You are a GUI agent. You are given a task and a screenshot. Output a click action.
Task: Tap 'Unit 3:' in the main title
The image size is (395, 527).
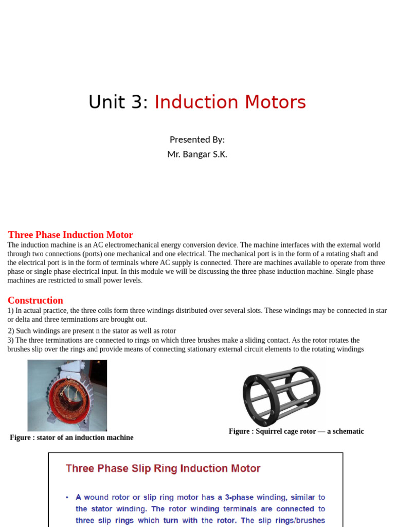coord(118,102)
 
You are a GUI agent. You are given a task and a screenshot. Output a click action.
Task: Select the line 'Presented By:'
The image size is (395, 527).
coord(197,139)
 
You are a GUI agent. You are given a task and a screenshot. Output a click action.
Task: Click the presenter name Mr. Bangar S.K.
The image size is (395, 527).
coord(197,154)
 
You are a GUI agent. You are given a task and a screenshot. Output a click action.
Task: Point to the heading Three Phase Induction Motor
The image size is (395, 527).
coord(70,235)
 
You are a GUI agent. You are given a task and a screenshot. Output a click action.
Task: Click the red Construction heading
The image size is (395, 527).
coord(35,300)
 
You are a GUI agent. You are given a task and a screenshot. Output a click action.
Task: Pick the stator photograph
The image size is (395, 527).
coord(67,395)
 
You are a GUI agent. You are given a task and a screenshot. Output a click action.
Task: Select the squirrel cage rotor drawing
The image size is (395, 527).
coord(281,392)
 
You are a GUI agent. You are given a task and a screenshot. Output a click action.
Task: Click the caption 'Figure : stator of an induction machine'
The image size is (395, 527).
coord(71,437)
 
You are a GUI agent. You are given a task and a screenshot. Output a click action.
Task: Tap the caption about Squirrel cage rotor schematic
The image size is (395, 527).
coord(296,431)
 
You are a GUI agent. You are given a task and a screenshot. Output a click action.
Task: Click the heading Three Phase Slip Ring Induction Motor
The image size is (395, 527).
coord(163,468)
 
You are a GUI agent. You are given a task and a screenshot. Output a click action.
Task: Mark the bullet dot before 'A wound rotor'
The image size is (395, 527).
coord(67,498)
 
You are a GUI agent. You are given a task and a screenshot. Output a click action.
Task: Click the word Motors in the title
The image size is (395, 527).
coord(276,102)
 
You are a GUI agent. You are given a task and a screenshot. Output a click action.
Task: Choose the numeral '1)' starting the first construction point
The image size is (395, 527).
coord(11,310)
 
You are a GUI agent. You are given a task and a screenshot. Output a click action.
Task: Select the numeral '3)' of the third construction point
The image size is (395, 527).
coord(11,340)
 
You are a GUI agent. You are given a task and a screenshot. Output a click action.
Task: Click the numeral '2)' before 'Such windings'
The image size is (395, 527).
coord(11,331)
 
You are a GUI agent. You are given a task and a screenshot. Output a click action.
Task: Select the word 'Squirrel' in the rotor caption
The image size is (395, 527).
coord(265,431)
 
